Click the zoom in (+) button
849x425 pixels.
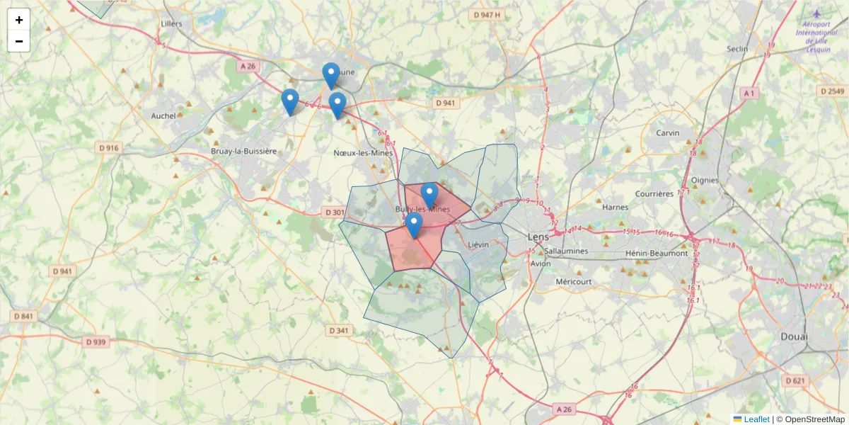[19, 20]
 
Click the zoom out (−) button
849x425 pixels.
[19, 41]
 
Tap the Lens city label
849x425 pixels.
[538, 237]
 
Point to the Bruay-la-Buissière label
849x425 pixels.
[243, 152]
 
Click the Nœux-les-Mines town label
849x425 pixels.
[362, 152]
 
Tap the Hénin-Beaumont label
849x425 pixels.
[657, 253]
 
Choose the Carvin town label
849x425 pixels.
[667, 133]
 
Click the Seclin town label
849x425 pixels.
[737, 49]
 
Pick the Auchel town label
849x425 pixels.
[163, 115]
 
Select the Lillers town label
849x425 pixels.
[171, 23]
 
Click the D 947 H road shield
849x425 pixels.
[487, 15]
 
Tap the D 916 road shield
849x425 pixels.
[108, 148]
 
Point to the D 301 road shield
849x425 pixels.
[334, 212]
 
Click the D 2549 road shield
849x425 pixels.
[831, 91]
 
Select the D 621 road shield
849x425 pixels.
[795, 380]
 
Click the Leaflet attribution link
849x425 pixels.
[756, 419]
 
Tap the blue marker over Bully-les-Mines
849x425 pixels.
[429, 195]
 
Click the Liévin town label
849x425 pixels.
[479, 244]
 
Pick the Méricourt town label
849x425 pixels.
[574, 281]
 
